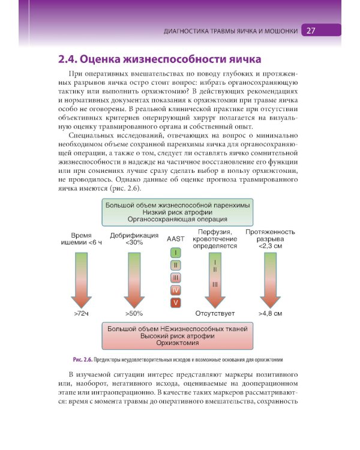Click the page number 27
tap(311, 31)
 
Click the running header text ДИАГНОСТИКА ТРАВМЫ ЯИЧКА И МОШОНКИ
tap(230, 31)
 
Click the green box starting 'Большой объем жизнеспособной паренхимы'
tap(178, 212)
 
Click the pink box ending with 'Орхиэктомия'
tap(178, 337)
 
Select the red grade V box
tap(175, 302)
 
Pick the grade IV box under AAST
tap(175, 290)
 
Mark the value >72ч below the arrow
tap(82, 313)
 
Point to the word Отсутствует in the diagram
tap(215, 313)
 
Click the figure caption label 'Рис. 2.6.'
tap(82, 359)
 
